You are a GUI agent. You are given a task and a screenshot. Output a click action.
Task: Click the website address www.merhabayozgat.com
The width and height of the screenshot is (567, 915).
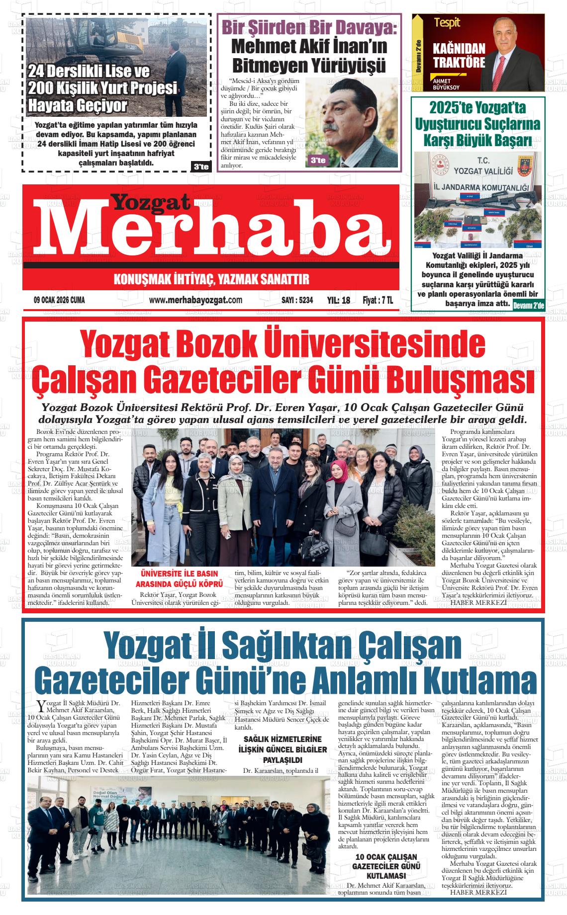coord(195,300)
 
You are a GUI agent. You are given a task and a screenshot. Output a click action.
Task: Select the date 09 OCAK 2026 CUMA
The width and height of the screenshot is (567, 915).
coord(59,300)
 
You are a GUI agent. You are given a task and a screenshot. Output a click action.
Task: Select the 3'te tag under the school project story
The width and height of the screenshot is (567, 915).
coord(201,167)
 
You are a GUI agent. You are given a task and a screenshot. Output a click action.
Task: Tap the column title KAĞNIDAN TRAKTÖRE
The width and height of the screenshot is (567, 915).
coord(459,56)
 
